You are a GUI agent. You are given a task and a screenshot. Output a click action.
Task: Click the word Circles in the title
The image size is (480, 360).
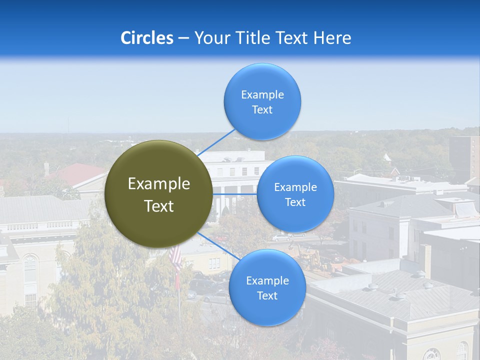click(x=146, y=38)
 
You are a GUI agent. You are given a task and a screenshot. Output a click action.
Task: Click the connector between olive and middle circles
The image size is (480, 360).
click(x=235, y=194)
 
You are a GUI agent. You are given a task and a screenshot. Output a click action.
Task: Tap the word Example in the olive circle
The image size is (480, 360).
click(x=159, y=184)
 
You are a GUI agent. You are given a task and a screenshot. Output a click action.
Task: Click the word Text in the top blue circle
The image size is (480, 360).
click(x=262, y=110)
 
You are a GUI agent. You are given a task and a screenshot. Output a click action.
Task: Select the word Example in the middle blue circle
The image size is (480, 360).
click(x=295, y=187)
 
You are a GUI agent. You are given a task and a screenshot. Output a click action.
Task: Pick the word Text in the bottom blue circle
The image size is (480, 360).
click(x=267, y=296)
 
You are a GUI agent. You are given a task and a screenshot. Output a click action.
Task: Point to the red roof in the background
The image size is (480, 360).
click(x=80, y=172)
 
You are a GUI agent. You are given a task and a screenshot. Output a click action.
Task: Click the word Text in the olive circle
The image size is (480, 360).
click(x=159, y=206)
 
